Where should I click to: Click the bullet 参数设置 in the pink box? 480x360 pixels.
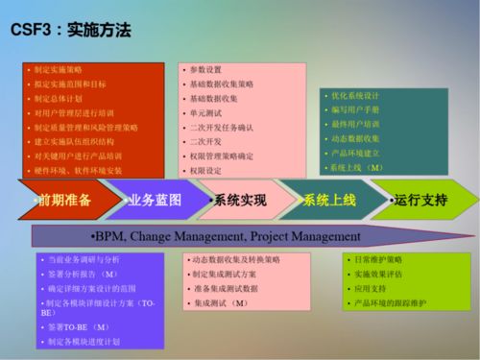[206, 69]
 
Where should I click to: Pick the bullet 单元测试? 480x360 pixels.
[206, 112]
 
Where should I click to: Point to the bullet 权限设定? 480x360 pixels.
[206, 170]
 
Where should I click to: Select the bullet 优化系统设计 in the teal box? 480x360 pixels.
[354, 96]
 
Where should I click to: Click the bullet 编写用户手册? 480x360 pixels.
[354, 110]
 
